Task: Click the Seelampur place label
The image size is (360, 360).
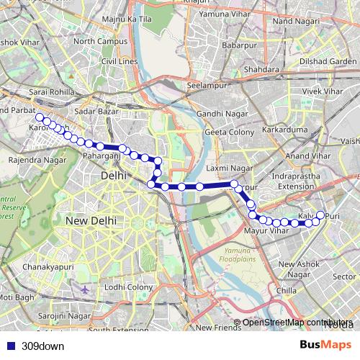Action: (206, 85)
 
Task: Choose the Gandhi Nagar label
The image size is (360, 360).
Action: (221, 114)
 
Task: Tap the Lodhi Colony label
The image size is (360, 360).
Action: (128, 287)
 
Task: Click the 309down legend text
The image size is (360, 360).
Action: (42, 346)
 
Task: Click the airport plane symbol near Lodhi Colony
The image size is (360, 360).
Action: (86, 289)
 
